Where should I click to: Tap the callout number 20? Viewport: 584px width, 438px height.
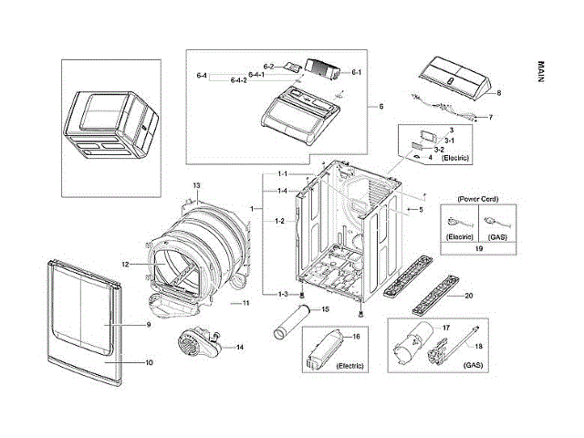pyautogui.click(x=470, y=295)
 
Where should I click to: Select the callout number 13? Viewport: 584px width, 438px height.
pyautogui.click(x=195, y=186)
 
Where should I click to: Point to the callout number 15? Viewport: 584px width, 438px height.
pyautogui.click(x=321, y=310)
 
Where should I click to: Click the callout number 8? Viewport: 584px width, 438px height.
pyautogui.click(x=499, y=93)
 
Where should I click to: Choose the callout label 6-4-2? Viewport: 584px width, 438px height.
pyautogui.click(x=239, y=80)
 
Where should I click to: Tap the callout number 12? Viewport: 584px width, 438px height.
pyautogui.click(x=126, y=265)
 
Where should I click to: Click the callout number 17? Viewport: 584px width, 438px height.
pyautogui.click(x=447, y=327)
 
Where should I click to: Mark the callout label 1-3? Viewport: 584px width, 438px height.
pyautogui.click(x=283, y=294)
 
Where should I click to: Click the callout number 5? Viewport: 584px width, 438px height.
pyautogui.click(x=421, y=210)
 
